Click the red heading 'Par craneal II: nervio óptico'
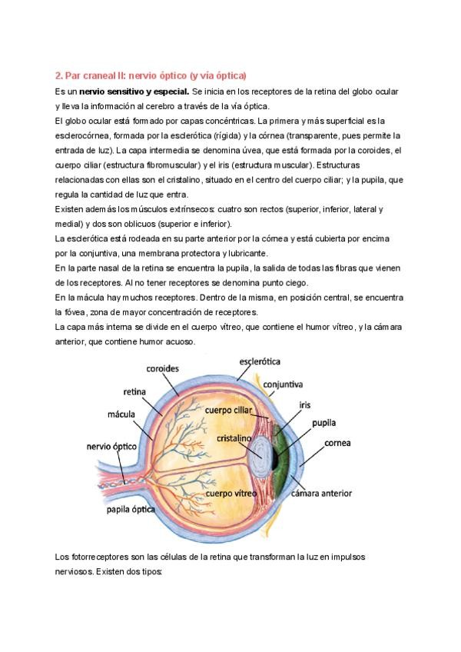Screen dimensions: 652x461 coord(151,75)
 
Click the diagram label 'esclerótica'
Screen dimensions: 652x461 coord(260,361)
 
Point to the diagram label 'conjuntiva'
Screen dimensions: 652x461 coord(282,383)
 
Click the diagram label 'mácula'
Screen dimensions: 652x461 coord(121,414)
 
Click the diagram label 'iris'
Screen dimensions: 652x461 coord(304,403)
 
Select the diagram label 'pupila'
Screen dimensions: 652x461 coord(323,423)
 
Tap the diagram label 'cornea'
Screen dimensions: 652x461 coord(339,444)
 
